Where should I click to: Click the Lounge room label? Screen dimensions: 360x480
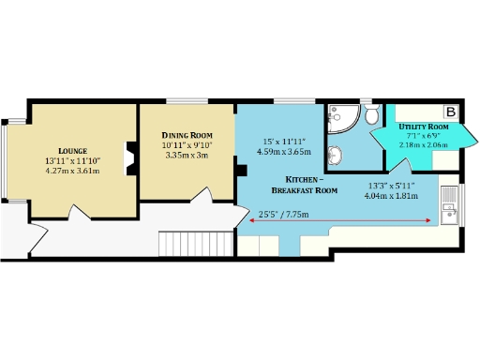(72, 151)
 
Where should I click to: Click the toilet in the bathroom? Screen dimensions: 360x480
(371, 116)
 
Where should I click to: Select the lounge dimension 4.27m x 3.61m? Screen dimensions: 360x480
(72, 172)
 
